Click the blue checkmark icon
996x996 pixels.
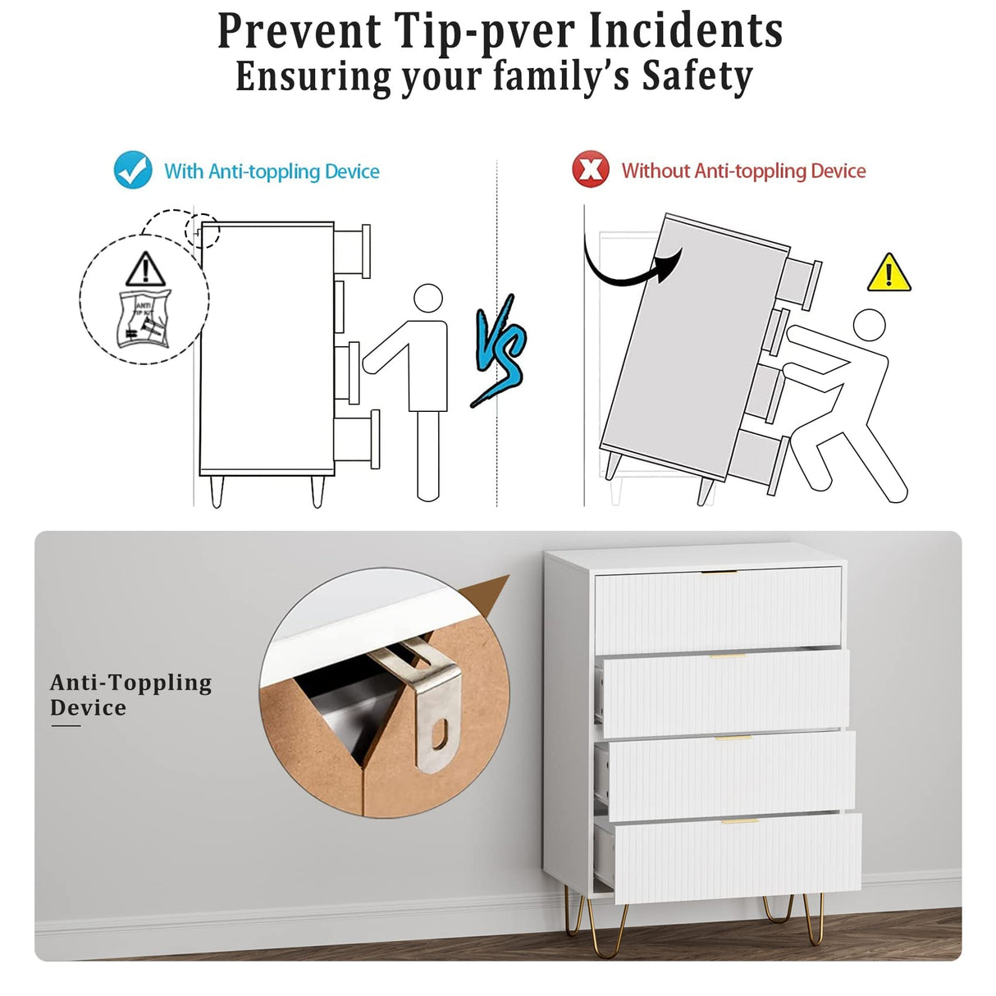(x=134, y=170)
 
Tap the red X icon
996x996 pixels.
(x=590, y=169)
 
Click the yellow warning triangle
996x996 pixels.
(x=889, y=272)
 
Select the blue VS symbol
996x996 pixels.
(x=500, y=351)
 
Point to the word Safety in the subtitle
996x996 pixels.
(x=697, y=76)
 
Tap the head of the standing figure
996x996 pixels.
(x=428, y=299)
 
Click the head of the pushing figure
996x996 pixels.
(x=869, y=325)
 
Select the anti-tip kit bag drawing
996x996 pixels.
(x=144, y=319)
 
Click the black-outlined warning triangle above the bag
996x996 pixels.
(x=146, y=269)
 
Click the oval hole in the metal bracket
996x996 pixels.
(x=439, y=734)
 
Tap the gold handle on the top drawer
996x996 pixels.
(x=719, y=572)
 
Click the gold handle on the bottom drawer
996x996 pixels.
(x=740, y=820)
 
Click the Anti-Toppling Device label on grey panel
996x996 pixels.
(x=130, y=695)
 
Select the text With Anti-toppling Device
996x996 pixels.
(x=272, y=171)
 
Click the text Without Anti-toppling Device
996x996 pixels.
(x=743, y=171)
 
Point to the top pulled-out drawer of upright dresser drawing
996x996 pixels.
(x=352, y=251)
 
